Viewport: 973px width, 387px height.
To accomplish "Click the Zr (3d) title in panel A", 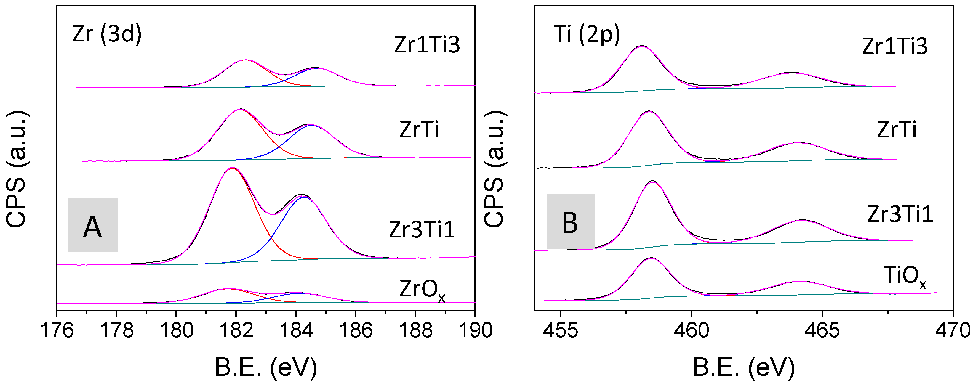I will tap(107, 34).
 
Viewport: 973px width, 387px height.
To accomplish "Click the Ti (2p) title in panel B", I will tap(587, 35).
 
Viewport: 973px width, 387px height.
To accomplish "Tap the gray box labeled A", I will tap(93, 225).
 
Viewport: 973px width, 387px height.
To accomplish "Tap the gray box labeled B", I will tap(570, 221).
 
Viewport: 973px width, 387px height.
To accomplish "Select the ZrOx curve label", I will tap(422, 290).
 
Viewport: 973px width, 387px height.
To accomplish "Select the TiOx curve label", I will tap(904, 276).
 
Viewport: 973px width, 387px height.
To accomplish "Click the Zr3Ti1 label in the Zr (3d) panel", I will tap(422, 229).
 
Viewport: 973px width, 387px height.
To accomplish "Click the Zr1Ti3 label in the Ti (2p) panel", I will tap(894, 47).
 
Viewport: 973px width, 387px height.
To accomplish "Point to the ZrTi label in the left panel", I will tap(419, 130).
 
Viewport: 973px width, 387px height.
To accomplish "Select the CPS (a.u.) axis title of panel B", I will tap(495, 169).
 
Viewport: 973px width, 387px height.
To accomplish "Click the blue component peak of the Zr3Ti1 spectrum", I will tap(304, 197).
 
